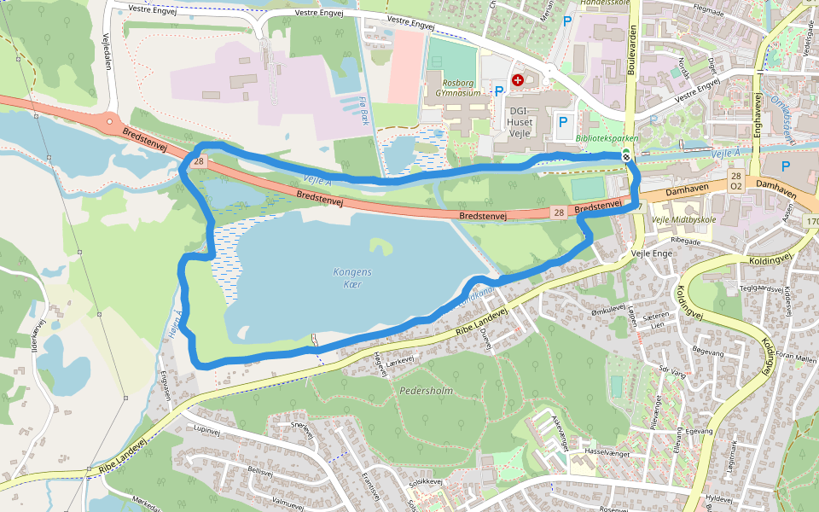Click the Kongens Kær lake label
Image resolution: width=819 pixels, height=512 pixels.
pos(352,277)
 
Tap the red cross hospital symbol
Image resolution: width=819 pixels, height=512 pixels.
pos(517,80)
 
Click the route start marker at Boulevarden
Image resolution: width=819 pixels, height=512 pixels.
pos(626,154)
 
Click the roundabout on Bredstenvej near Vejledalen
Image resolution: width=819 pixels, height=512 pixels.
pos(109,122)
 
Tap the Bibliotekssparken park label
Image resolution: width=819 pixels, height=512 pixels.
pos(607,138)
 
